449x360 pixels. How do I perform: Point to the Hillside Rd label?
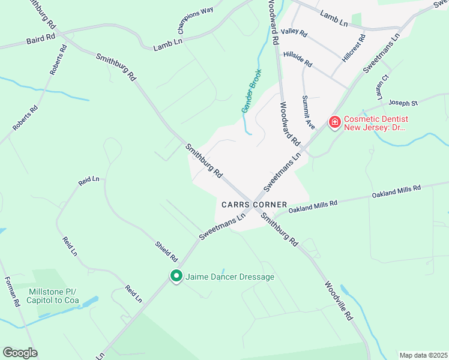click(x=298, y=58)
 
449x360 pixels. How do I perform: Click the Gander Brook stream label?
click(x=252, y=91)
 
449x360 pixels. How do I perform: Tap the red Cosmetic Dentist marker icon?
click(x=334, y=122)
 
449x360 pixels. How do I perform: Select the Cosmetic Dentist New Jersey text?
click(x=375, y=122)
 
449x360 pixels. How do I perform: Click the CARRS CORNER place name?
click(x=253, y=205)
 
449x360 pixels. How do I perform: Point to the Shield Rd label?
click(x=166, y=251)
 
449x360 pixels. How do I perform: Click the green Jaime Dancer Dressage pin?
click(x=176, y=277)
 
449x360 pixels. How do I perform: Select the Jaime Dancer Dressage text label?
click(x=230, y=277)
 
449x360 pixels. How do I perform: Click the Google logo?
click(x=20, y=352)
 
